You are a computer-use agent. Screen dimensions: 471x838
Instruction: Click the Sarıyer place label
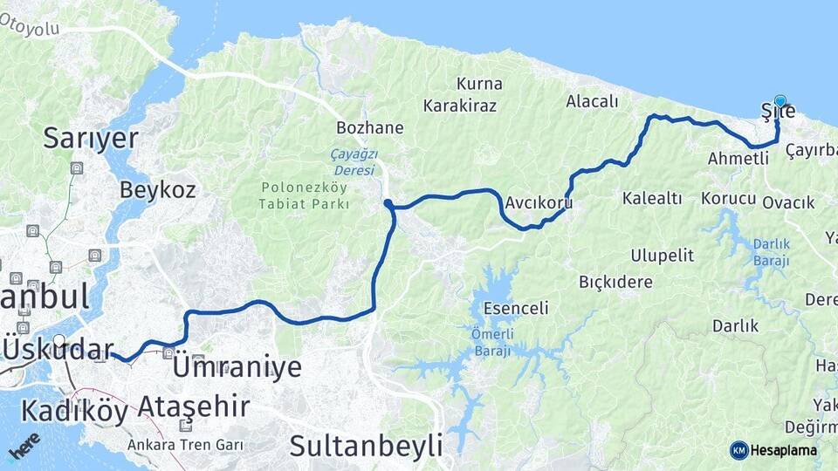91,138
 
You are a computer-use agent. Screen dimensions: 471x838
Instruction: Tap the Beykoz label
157,188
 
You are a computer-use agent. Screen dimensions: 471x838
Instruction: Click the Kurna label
479,84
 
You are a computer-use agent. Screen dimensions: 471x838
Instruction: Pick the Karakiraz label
460,106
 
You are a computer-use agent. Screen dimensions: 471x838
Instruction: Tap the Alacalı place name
592,101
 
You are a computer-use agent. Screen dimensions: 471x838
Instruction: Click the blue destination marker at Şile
780,101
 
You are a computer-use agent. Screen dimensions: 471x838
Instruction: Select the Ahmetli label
738,158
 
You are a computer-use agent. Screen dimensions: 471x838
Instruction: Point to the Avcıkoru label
538,203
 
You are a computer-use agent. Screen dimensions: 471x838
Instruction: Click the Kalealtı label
652,198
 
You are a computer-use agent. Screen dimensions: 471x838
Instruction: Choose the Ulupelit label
663,255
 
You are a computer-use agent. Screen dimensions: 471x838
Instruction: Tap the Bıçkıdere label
615,282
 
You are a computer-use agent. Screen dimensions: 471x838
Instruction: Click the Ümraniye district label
237,366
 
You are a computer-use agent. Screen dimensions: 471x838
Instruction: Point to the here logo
24,445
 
